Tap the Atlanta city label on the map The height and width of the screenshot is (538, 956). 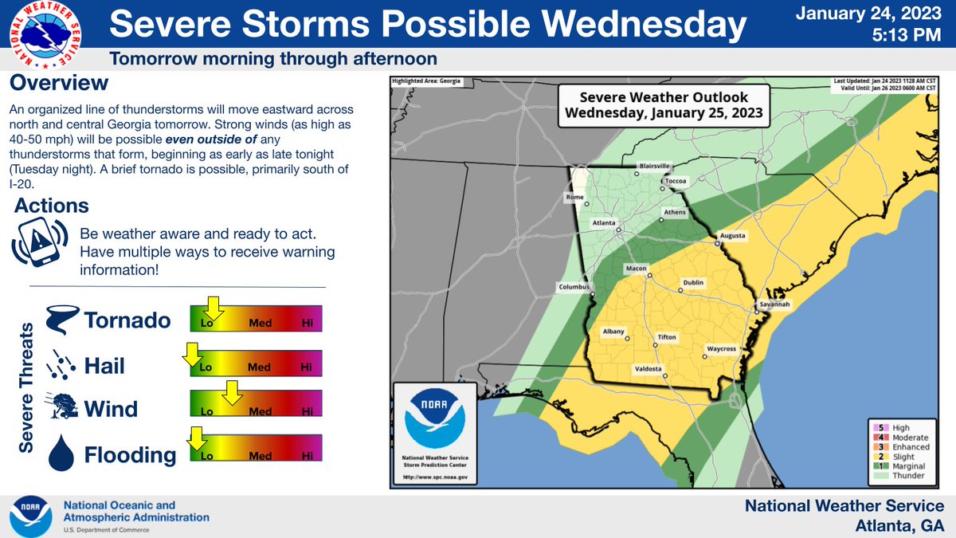(602, 224)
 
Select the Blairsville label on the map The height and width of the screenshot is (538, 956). (654, 166)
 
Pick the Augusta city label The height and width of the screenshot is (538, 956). (732, 237)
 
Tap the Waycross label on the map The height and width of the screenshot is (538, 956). (721, 349)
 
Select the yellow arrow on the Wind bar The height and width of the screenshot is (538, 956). (232, 392)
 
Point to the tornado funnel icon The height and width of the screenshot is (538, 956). (60, 320)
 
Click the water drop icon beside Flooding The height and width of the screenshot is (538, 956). (61, 453)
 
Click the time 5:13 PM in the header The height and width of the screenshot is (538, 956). (903, 36)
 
